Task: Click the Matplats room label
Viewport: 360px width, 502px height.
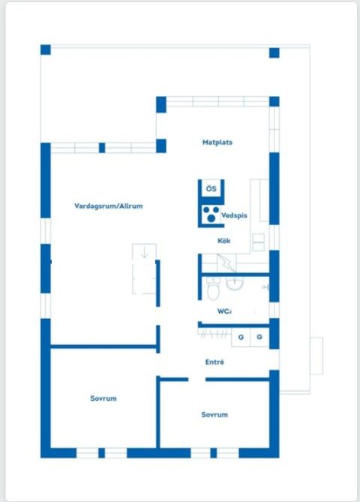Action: pos(217,142)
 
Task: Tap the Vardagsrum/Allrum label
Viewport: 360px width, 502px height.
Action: pos(109,206)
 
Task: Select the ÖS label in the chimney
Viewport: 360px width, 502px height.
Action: pos(211,188)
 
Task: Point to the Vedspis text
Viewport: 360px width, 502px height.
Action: pos(234,215)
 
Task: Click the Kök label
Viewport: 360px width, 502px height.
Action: pos(224,240)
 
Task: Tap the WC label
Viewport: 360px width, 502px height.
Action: pos(224,311)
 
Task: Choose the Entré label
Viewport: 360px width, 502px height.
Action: pos(214,362)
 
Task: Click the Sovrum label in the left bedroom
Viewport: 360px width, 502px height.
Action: pos(103,398)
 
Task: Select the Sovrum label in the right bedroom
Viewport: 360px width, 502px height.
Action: pos(214,415)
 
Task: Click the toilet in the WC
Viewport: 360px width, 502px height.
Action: pos(213,289)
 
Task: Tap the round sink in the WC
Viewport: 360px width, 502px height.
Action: pos(235,284)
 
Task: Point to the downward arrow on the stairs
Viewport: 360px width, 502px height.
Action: pos(144,252)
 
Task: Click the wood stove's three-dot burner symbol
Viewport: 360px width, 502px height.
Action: pos(211,214)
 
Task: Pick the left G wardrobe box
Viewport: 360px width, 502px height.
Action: pos(241,337)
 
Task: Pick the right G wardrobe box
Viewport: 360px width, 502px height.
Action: pos(259,337)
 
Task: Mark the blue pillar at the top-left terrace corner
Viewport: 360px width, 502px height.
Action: pos(46,50)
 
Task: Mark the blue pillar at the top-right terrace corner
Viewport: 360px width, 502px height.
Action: pos(274,53)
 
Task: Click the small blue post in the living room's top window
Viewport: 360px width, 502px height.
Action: pos(102,148)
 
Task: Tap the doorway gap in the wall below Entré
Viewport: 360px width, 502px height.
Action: pos(196,380)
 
